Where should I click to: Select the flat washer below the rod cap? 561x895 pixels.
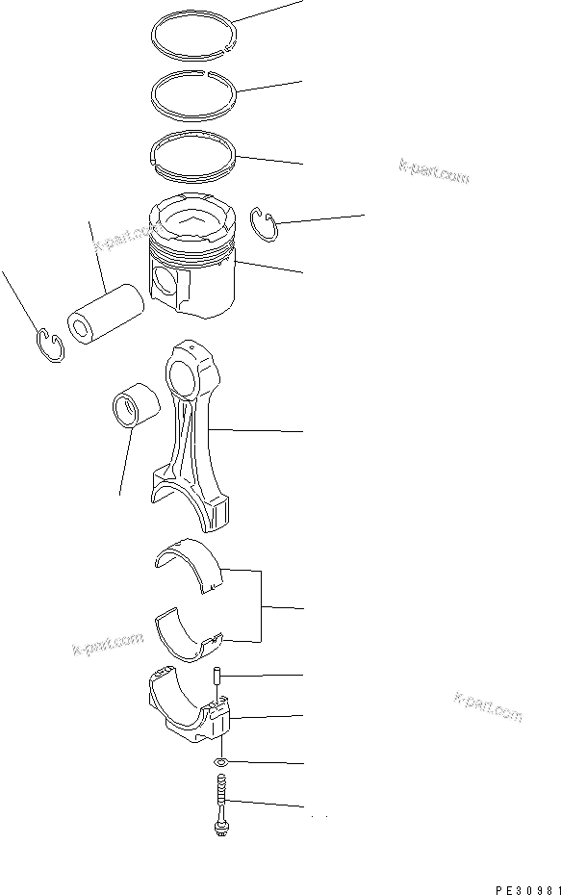221,762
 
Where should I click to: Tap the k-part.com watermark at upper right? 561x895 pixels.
433,170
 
